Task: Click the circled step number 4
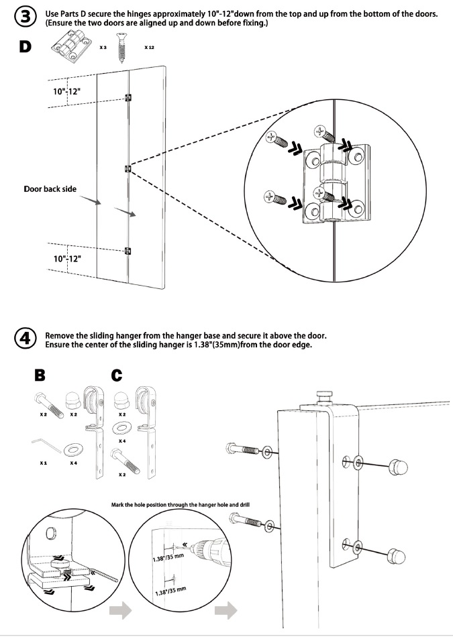click(x=25, y=339)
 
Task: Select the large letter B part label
click(x=40, y=376)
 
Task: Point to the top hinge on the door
click(x=128, y=98)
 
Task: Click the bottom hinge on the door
click(x=128, y=251)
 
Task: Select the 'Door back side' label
click(x=50, y=189)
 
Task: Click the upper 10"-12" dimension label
click(x=67, y=91)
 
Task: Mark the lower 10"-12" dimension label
click(x=67, y=258)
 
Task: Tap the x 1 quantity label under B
click(x=43, y=463)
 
